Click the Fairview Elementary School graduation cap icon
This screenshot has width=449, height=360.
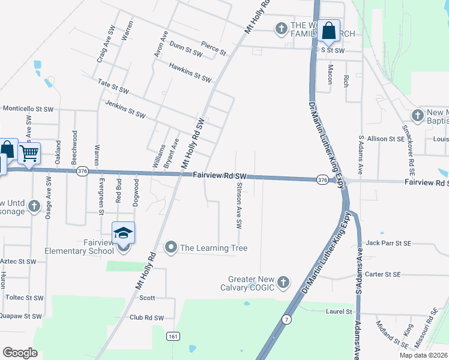click(123, 233)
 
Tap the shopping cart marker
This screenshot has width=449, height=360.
click(29, 154)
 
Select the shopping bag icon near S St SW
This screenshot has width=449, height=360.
click(329, 30)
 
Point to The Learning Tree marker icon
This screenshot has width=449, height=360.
click(171, 247)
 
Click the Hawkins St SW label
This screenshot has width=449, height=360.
click(190, 72)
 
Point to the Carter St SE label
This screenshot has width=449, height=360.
click(382, 274)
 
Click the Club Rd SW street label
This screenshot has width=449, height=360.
click(146, 318)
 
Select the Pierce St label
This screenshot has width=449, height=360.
click(213, 49)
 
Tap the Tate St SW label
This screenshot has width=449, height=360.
click(113, 86)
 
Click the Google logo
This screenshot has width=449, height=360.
click(19, 353)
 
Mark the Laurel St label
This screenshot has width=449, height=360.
click(339, 311)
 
